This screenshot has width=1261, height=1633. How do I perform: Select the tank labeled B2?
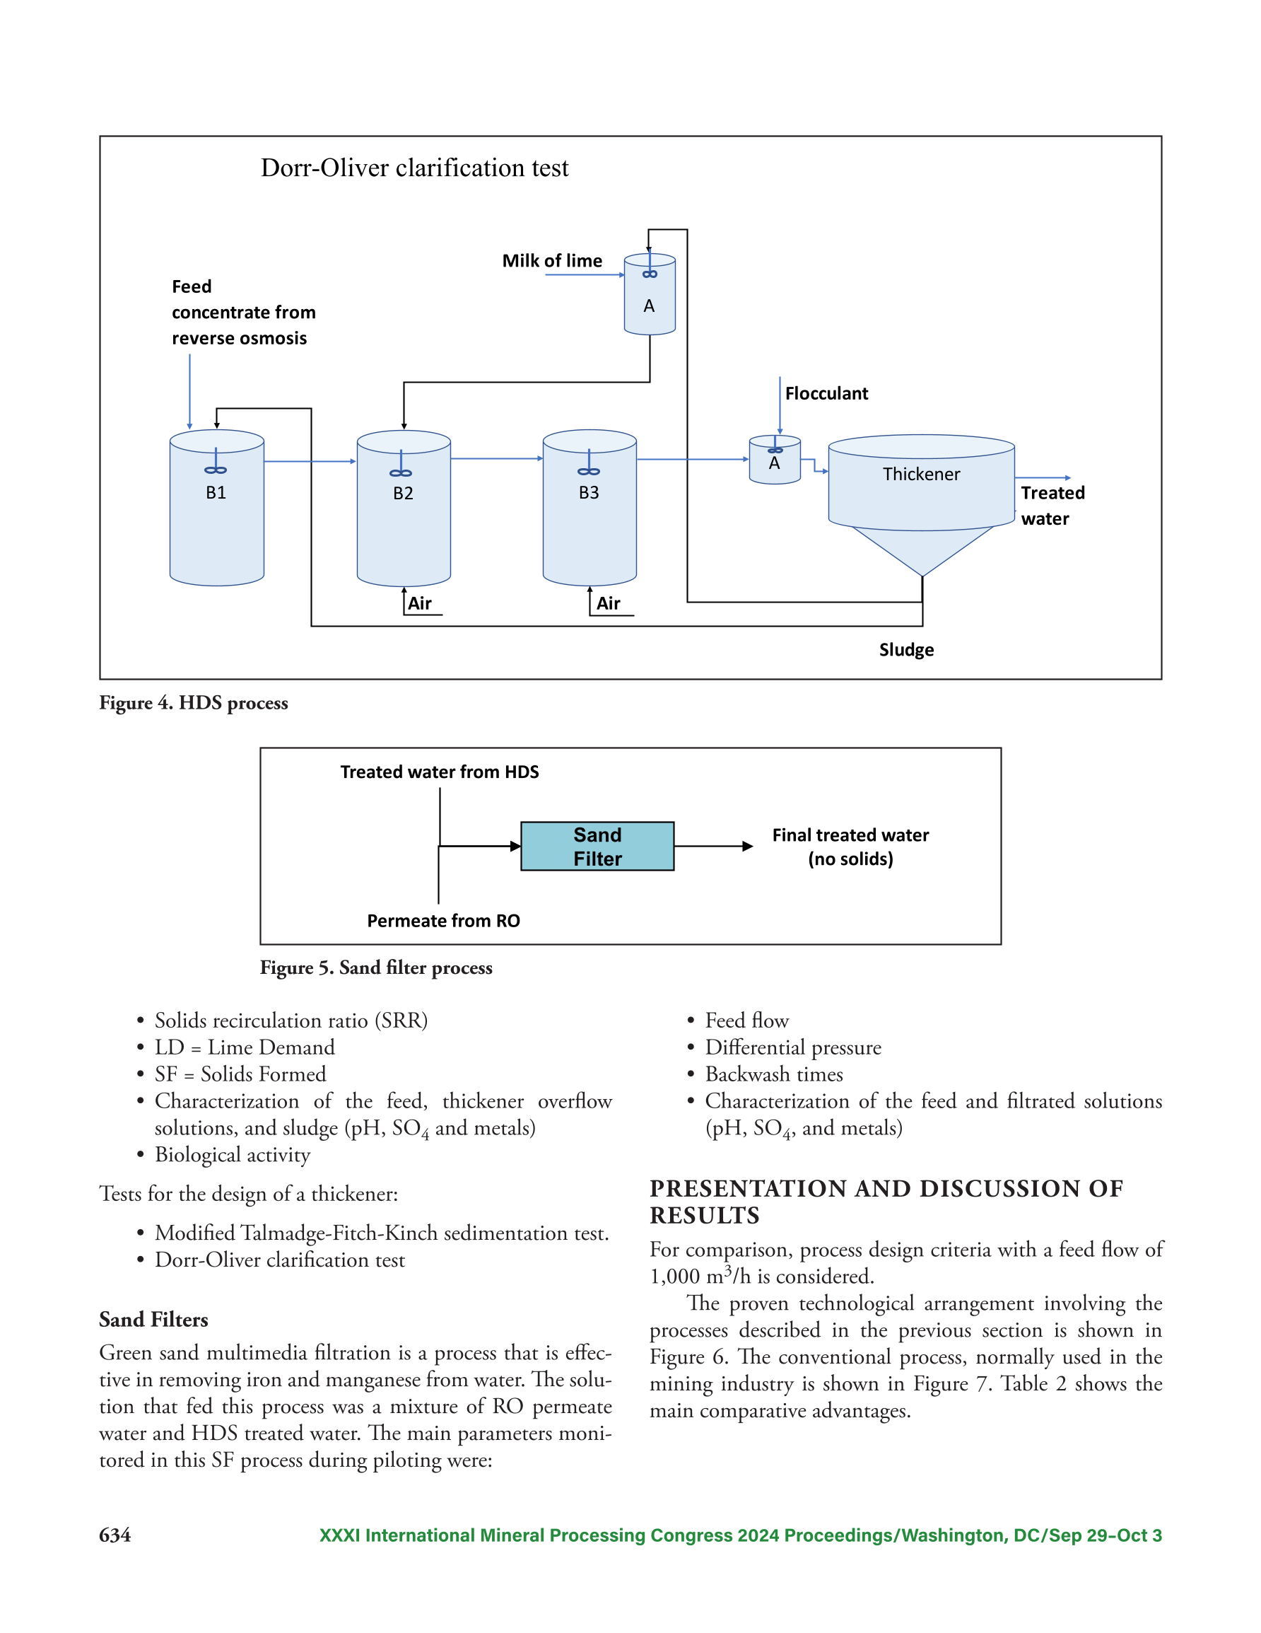click(x=404, y=508)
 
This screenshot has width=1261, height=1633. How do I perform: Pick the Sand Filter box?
click(x=597, y=847)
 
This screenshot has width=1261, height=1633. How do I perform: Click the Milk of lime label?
click(x=552, y=261)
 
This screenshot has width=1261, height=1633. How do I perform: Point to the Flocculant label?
click(x=827, y=393)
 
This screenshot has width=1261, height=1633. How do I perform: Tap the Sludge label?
click(x=907, y=650)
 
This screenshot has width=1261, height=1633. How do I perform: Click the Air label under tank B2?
click(x=420, y=603)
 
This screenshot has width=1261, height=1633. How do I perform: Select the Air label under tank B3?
click(x=609, y=603)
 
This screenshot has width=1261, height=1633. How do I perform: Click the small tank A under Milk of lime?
click(x=650, y=294)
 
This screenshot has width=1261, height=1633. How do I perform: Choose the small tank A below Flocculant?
click(x=775, y=460)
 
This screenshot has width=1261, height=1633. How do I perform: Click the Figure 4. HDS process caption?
click(x=194, y=704)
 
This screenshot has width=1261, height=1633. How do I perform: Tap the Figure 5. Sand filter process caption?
click(x=376, y=968)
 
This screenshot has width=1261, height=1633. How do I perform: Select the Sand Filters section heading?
click(x=154, y=1320)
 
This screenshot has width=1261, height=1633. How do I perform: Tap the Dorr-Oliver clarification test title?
click(x=415, y=168)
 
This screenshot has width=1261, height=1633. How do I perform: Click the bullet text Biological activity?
click(x=233, y=1155)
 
